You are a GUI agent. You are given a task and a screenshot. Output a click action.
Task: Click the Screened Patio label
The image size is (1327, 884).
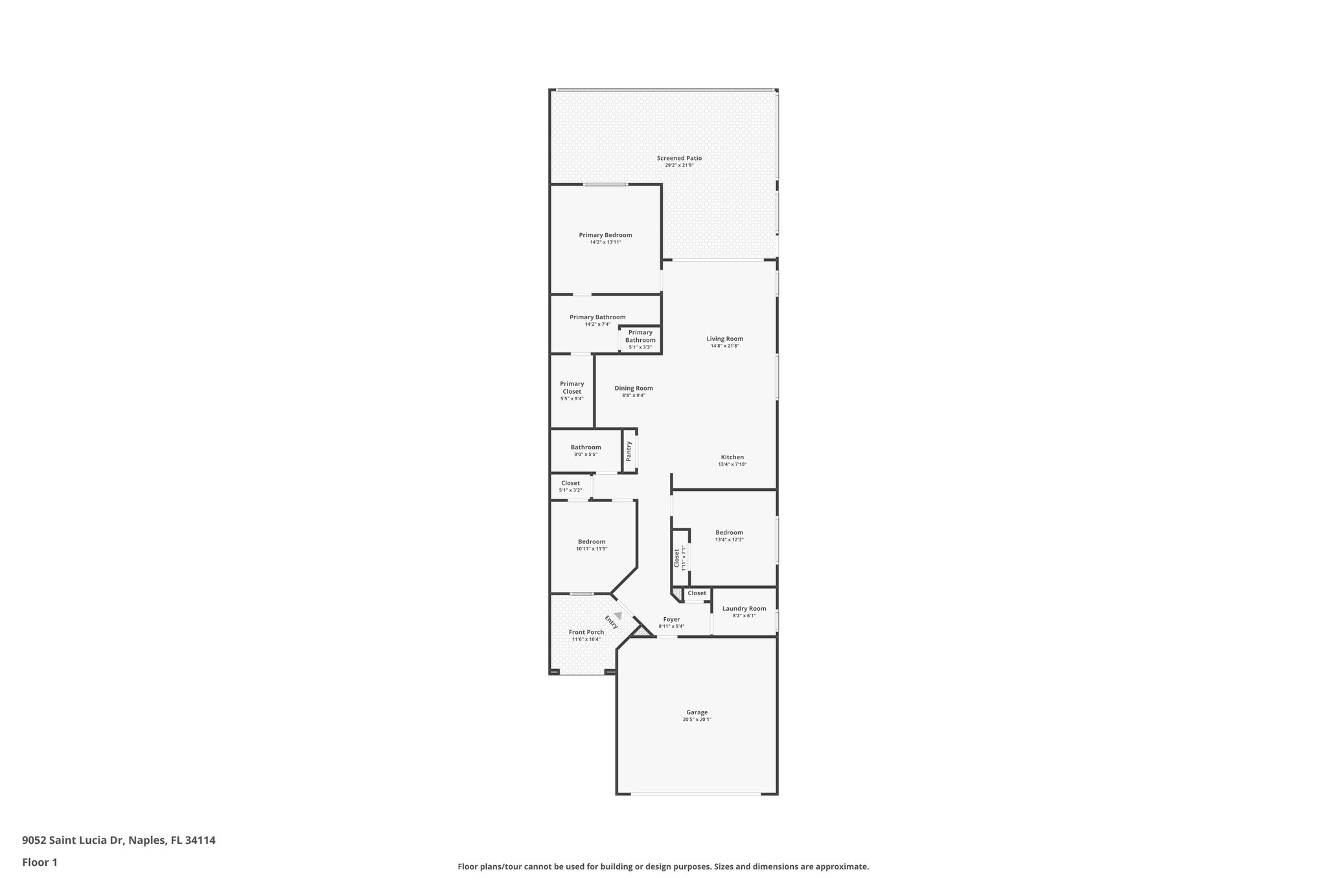[x=679, y=158]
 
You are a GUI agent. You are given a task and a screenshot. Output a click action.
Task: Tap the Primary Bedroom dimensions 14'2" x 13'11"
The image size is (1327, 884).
[x=605, y=242]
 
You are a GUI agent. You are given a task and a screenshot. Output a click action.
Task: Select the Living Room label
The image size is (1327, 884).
[x=724, y=339]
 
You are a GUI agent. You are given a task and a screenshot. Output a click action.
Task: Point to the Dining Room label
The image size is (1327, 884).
[x=633, y=389]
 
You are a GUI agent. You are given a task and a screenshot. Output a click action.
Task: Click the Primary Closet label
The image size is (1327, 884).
[x=571, y=387]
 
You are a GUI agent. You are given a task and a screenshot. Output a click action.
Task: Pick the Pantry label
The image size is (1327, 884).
[x=629, y=451]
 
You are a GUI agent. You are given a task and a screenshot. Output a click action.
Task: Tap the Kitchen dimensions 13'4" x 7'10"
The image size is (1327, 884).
[x=732, y=464]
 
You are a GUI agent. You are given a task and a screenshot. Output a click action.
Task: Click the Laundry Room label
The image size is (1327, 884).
[x=744, y=609]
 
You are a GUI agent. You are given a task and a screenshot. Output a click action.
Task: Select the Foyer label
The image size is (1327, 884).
[x=671, y=620]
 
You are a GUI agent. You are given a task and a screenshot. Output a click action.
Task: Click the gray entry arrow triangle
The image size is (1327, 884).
[x=618, y=615]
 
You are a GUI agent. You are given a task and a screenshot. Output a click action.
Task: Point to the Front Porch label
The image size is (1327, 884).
[x=586, y=632]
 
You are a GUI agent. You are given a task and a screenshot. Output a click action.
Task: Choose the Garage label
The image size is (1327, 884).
[x=697, y=712]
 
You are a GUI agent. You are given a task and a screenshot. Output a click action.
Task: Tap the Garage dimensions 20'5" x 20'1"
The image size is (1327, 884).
[x=697, y=720]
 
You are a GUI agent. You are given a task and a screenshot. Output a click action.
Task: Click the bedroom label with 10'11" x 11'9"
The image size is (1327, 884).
[x=592, y=542]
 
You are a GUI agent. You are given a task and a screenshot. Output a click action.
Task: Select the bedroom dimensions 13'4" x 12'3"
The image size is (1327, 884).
[x=729, y=539]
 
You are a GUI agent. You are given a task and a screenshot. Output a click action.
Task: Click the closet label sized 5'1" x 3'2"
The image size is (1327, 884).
[x=570, y=483]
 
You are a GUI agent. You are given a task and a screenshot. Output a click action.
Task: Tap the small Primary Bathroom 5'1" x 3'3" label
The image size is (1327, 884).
[x=640, y=337]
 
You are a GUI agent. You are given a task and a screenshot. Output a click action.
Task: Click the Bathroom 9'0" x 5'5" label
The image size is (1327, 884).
[x=586, y=448]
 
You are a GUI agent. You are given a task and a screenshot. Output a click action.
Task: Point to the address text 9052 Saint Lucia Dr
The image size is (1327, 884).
[x=119, y=841]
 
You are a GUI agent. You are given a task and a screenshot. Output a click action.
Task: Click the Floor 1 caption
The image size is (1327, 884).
[x=40, y=863]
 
